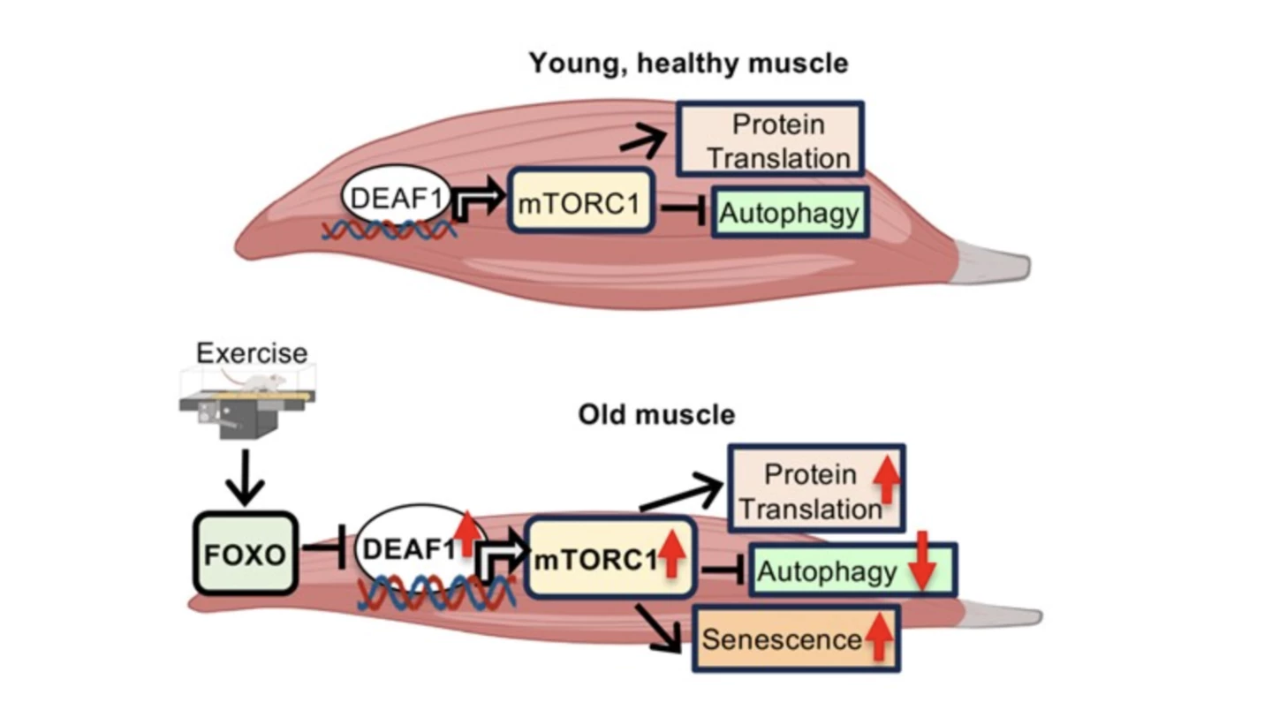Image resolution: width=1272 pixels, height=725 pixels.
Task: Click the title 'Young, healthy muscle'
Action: tap(688, 64)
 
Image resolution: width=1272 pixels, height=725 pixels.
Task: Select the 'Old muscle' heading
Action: tap(655, 414)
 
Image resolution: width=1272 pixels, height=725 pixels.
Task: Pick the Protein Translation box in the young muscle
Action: tap(769, 140)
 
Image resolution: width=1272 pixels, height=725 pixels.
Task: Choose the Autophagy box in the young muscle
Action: tap(790, 212)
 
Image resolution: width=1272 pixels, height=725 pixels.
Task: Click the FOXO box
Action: tap(245, 554)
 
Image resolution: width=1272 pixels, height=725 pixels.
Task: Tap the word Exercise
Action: tap(252, 354)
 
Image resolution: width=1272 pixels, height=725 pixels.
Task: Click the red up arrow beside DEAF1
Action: tap(469, 532)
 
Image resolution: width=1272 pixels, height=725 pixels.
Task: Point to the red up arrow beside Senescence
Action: tap(878, 638)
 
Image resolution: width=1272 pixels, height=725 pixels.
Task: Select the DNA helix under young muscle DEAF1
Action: tap(389, 230)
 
